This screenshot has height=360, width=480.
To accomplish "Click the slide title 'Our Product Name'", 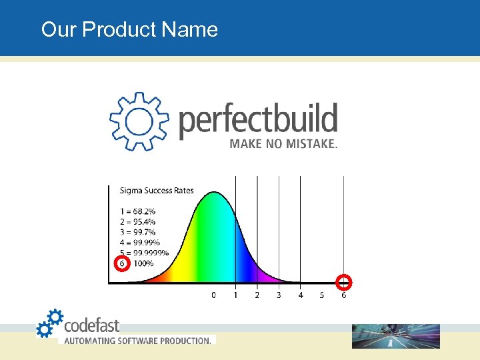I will [x=129, y=29].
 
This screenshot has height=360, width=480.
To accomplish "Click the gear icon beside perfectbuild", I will [x=139, y=121].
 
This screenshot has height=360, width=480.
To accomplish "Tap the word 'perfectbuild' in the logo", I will [x=259, y=120].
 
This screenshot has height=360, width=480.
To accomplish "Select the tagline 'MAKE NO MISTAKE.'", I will [x=283, y=144].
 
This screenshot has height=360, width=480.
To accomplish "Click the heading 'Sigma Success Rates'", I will [x=157, y=191].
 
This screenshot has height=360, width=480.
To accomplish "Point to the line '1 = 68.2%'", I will [x=137, y=212].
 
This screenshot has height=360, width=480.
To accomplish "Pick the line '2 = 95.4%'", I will [x=138, y=222].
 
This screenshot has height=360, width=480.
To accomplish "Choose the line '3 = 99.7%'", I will [x=138, y=232].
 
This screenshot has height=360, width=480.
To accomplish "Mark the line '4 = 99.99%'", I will [x=140, y=243].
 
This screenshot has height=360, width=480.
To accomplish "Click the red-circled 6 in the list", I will [x=121, y=263].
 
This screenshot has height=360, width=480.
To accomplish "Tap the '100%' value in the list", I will [x=143, y=263].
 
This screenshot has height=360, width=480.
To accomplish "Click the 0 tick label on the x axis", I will [x=213, y=295].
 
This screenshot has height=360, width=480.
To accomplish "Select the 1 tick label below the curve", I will [x=235, y=295].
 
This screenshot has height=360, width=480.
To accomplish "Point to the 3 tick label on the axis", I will [x=279, y=295].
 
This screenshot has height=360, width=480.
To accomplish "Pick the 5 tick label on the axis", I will [x=322, y=295].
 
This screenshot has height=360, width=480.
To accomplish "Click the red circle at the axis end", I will [x=344, y=281].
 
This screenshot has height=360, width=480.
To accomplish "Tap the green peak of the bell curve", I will [x=213, y=207].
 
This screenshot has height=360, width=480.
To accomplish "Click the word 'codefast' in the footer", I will [x=91, y=325].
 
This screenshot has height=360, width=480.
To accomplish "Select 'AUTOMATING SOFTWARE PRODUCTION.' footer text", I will [x=137, y=341].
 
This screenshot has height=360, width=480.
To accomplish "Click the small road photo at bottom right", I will [x=396, y=336].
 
